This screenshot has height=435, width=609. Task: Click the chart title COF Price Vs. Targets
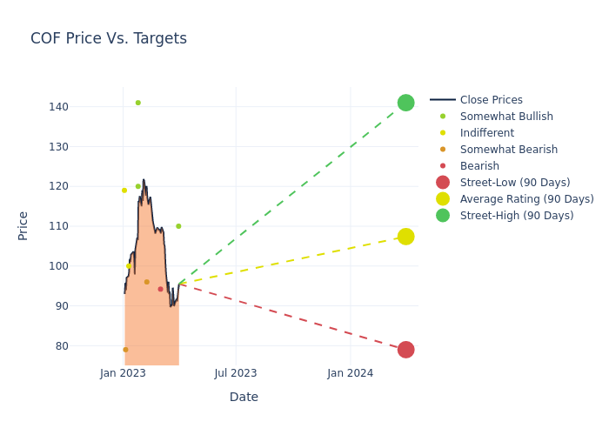click(109, 38)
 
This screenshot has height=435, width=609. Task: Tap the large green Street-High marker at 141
click(405, 103)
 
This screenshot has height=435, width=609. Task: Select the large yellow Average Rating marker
click(405, 237)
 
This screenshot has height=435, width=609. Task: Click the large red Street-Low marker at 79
click(405, 350)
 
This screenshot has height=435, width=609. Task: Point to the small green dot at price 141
click(137, 103)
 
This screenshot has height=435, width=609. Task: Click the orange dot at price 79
click(125, 350)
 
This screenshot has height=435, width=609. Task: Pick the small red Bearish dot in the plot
click(160, 289)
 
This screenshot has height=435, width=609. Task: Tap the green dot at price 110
click(178, 226)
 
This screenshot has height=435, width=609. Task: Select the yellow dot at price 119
click(124, 191)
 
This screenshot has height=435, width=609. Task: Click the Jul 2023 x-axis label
click(235, 373)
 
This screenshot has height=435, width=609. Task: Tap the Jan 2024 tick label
click(351, 373)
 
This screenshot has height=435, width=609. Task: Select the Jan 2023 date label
click(123, 373)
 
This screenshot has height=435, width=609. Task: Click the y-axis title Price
click(23, 225)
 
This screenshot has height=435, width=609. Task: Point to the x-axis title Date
click(244, 398)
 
